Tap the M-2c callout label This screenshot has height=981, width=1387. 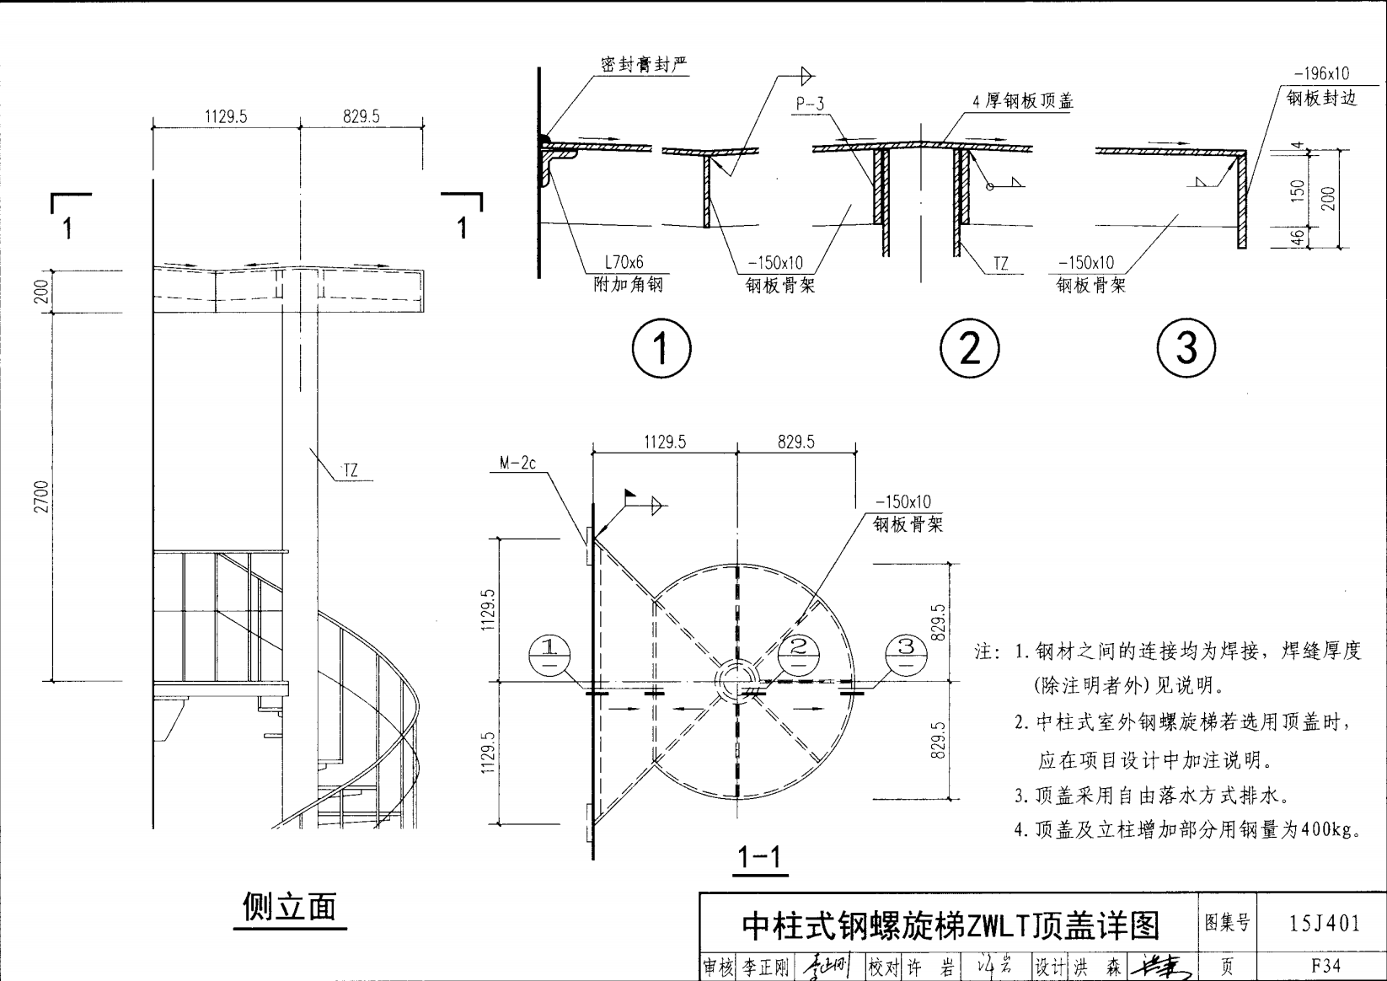[517, 463]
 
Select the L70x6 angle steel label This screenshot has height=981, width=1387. [624, 263]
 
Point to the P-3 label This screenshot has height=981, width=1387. [809, 104]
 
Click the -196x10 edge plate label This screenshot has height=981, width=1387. [1320, 74]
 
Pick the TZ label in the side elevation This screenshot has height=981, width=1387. [350, 470]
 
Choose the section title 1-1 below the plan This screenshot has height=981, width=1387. [759, 858]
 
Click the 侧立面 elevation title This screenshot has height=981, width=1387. [289, 907]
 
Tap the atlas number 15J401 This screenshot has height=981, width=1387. [1325, 924]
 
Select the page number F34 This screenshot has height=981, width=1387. [1325, 966]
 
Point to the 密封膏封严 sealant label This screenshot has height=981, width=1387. [644, 65]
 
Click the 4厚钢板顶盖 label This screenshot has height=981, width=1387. [1023, 102]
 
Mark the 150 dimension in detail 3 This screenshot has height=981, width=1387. [1299, 190]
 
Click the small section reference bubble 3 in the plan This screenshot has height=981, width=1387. [907, 655]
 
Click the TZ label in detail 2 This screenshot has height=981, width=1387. [1000, 263]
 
